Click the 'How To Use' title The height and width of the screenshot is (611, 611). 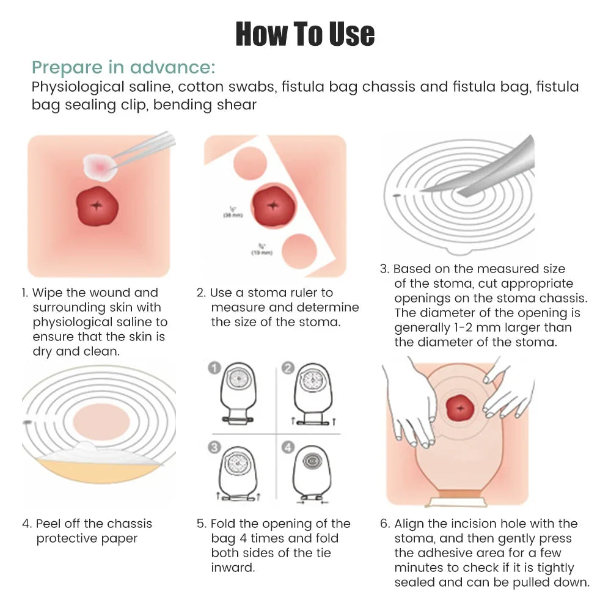click(x=305, y=34)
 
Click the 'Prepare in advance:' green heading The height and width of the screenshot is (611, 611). click(x=123, y=67)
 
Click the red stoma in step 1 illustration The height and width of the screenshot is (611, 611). click(x=97, y=205)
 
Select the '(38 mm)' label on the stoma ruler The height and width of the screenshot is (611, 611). click(x=232, y=215)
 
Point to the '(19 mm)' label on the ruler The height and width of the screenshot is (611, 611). click(x=262, y=252)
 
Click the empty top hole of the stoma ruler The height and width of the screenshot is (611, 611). click(x=249, y=163)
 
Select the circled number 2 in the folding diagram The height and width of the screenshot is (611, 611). click(x=288, y=368)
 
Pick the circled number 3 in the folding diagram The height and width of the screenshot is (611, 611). click(x=214, y=448)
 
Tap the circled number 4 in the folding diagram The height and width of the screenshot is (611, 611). click(x=288, y=448)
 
